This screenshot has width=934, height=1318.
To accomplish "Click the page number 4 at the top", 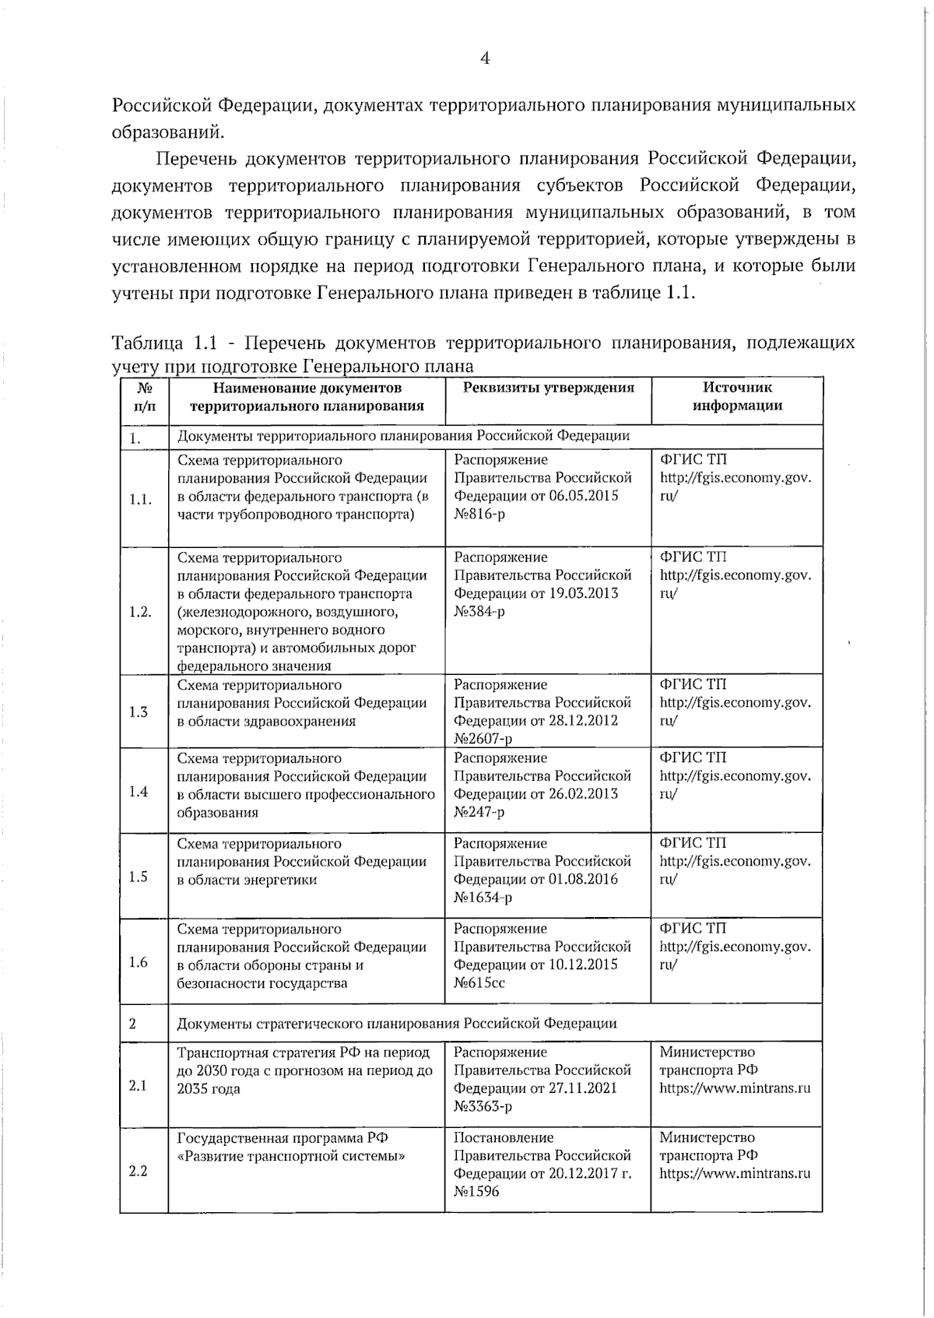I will [x=484, y=59].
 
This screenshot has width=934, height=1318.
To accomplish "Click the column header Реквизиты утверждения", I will [x=548, y=388].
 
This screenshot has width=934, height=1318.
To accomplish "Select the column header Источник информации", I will [x=737, y=395].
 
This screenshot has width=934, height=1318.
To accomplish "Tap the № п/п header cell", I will [x=144, y=395].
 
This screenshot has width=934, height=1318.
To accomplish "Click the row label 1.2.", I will [x=140, y=611].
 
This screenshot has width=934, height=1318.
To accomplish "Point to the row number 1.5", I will [x=139, y=877].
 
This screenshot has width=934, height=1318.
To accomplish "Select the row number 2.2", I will [x=138, y=1171].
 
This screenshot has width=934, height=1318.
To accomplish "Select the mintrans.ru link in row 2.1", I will [x=735, y=1088].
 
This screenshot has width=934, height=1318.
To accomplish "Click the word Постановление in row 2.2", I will [x=504, y=1137].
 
